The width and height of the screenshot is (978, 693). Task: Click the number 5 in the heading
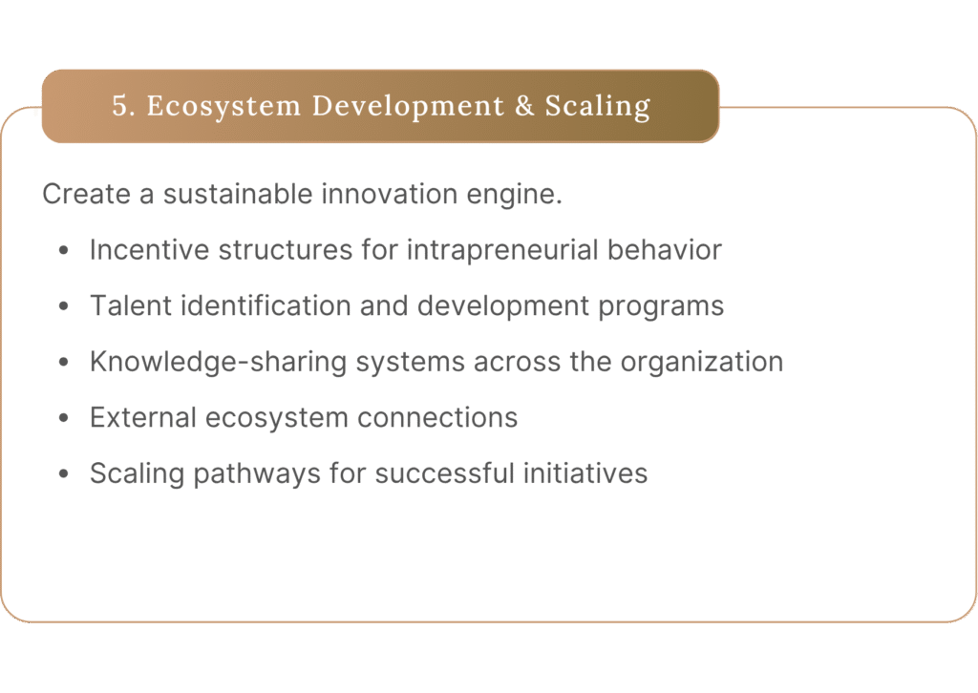119,106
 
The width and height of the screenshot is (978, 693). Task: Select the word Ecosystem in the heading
223,107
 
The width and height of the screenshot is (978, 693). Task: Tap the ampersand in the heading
524,106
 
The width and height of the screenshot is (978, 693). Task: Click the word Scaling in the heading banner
598,107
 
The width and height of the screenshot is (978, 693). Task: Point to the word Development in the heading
408,107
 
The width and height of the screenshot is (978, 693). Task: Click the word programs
661,307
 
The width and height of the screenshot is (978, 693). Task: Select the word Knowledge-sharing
218,363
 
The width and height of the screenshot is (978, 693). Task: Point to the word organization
702,363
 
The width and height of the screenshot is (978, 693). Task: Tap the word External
143,417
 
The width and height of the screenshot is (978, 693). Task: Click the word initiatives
585,473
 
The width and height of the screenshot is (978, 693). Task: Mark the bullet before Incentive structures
64,250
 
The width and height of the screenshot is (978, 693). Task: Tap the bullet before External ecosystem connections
64,418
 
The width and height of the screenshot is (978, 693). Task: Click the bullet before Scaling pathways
64,474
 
